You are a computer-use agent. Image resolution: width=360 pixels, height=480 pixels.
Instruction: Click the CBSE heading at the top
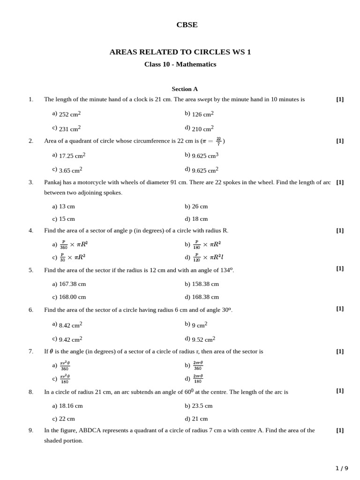click(187, 25)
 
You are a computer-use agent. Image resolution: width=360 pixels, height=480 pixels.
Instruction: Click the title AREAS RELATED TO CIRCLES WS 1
click(180, 52)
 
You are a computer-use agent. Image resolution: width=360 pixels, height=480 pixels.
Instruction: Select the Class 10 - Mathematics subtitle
click(180, 64)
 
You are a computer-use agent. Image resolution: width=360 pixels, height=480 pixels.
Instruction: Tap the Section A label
click(185, 89)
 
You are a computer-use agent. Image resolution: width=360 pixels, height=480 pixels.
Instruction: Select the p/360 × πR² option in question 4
click(73, 244)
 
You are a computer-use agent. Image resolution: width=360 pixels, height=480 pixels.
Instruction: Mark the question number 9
click(31, 430)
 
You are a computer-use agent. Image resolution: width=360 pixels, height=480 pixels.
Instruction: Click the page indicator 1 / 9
click(342, 468)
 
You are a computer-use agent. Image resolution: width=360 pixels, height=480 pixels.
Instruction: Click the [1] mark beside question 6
click(340, 308)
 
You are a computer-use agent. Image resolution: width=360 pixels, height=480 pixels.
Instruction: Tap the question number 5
click(31, 270)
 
